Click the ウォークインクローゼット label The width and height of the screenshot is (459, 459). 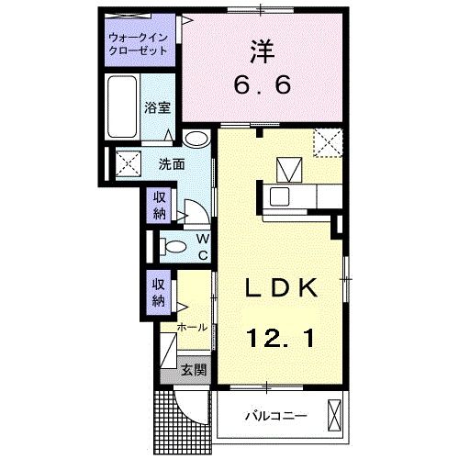(x=139, y=44)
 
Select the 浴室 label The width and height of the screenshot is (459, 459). (x=157, y=107)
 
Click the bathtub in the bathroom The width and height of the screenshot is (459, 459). (x=122, y=108)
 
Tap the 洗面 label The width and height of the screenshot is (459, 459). (x=171, y=165)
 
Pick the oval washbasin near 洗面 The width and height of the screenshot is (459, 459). (x=196, y=140)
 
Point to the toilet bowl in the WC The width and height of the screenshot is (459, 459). (x=168, y=246)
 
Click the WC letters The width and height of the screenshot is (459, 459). (x=203, y=246)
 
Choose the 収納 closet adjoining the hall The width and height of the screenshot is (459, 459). (x=159, y=291)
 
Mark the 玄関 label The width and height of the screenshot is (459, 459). (x=192, y=371)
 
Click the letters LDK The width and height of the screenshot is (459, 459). (x=281, y=287)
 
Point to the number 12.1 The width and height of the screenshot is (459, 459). (x=281, y=340)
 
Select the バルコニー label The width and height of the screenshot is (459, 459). (x=274, y=416)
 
